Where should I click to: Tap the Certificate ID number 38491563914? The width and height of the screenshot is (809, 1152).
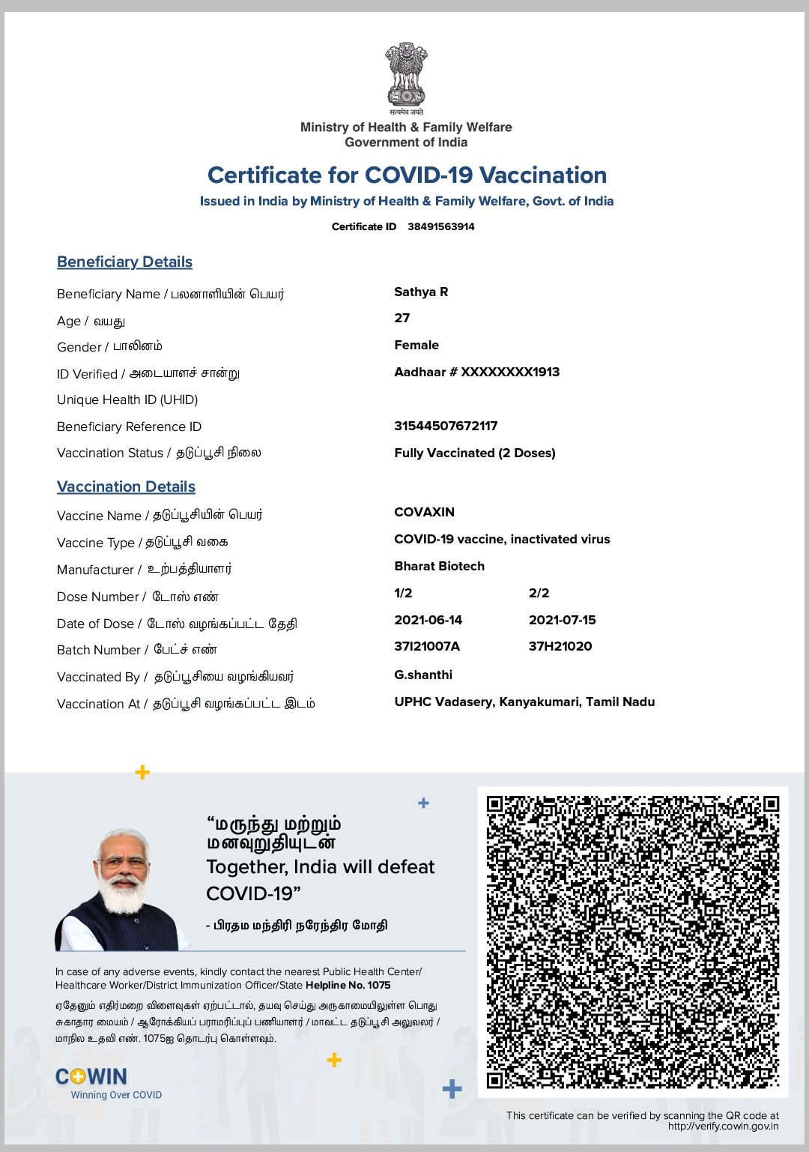[441, 226]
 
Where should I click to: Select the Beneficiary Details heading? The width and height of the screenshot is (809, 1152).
[124, 262]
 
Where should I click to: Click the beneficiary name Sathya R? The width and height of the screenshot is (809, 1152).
[421, 292]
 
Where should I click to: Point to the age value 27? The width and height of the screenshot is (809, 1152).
[402, 318]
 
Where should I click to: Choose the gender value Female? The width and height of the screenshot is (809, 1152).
[416, 345]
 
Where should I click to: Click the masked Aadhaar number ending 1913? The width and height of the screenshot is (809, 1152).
[476, 372]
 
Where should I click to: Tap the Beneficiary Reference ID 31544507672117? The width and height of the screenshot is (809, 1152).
[446, 426]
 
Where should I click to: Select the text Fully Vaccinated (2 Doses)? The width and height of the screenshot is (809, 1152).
[475, 453]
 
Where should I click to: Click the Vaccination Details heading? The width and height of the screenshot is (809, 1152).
[126, 486]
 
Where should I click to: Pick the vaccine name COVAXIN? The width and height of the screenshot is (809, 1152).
[424, 512]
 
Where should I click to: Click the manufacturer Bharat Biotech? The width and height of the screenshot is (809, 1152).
[439, 566]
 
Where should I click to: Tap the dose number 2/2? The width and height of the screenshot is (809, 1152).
[539, 593]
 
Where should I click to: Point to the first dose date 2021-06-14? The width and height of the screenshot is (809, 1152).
[428, 620]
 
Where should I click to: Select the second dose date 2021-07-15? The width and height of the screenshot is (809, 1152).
[562, 620]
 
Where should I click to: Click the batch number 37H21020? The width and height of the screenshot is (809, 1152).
[560, 646]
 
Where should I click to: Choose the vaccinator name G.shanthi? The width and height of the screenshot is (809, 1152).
[423, 675]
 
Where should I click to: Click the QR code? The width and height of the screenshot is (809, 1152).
[633, 941]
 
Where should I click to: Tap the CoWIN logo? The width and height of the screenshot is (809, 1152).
[92, 1077]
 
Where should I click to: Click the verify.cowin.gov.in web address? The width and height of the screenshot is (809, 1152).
[723, 1126]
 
